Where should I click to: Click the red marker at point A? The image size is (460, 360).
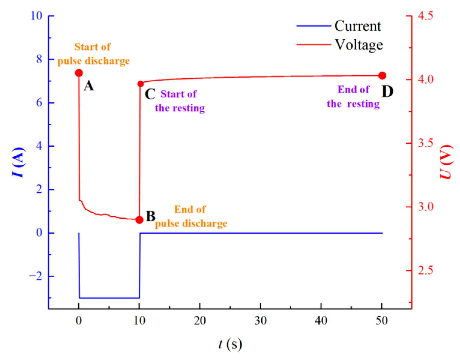tap(79, 73)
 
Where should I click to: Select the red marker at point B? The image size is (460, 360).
tap(139, 220)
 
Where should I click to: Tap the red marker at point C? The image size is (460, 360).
tap(140, 84)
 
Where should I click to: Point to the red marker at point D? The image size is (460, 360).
tap(382, 76)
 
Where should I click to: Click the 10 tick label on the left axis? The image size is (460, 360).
tap(36, 16)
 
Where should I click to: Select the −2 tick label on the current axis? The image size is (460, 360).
tap(36, 276)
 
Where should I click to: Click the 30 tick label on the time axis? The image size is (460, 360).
tap(260, 321)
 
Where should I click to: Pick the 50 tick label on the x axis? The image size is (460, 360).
tap(382, 321)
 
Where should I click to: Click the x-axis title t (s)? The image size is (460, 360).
tap(230, 344)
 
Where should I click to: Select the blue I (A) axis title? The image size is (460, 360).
tap(19, 162)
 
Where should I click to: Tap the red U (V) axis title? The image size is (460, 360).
tap(446, 162)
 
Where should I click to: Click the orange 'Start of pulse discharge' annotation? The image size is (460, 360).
tap(93, 54)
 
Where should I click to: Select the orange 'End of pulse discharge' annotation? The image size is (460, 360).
tap(191, 216)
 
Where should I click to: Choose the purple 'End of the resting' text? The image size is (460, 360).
tap(353, 97)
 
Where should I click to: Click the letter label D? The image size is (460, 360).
tap(387, 91)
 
